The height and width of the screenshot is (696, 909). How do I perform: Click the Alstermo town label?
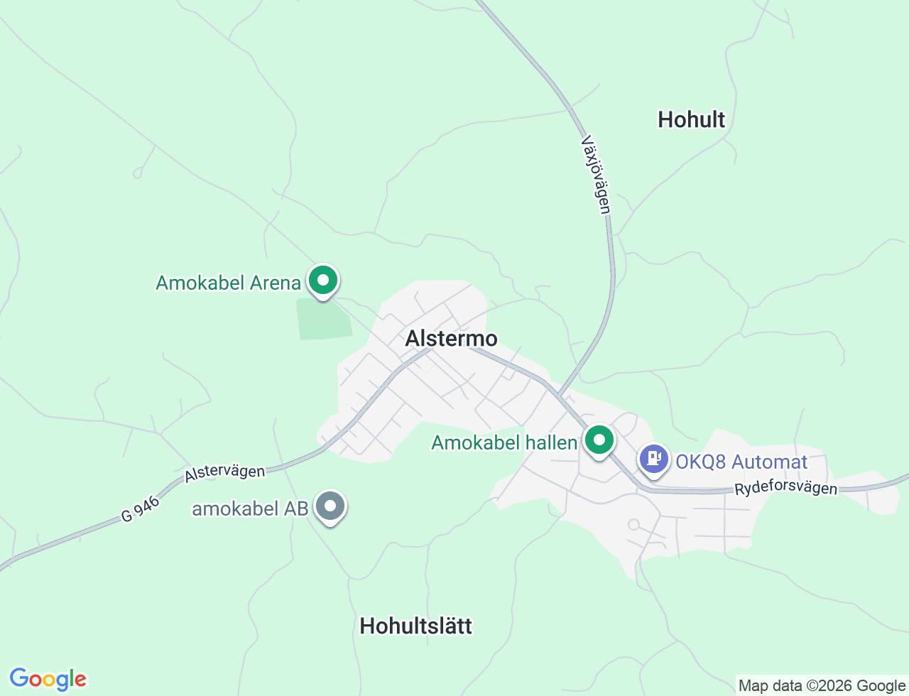click(x=451, y=338)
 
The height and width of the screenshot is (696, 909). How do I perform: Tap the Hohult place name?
click(x=691, y=119)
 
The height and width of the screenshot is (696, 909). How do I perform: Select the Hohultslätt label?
click(x=415, y=626)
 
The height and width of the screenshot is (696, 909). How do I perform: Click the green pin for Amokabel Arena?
click(x=323, y=281)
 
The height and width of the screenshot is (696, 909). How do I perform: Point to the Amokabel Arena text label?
click(x=228, y=283)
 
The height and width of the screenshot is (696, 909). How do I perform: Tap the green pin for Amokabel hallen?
click(x=599, y=440)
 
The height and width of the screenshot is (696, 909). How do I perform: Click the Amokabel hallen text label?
click(x=504, y=442)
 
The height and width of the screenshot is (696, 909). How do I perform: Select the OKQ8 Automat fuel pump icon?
click(x=654, y=458)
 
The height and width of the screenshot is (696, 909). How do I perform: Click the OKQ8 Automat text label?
click(x=741, y=462)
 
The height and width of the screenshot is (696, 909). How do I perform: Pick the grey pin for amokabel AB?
click(x=330, y=506)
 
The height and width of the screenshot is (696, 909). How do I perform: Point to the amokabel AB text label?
click(x=250, y=509)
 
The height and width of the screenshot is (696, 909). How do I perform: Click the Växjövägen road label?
click(x=596, y=174)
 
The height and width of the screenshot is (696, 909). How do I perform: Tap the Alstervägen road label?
click(x=224, y=473)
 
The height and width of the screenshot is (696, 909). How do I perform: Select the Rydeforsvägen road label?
click(x=785, y=489)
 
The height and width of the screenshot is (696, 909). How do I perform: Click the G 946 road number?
click(x=140, y=509)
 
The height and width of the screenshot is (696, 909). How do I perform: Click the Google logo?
click(x=48, y=679)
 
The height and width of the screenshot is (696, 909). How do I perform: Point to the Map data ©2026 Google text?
click(x=822, y=685)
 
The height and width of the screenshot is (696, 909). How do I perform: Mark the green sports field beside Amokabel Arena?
click(x=323, y=320)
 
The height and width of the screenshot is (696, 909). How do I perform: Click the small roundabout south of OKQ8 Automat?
click(x=633, y=525)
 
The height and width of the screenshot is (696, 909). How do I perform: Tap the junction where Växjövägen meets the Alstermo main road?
click(x=558, y=396)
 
